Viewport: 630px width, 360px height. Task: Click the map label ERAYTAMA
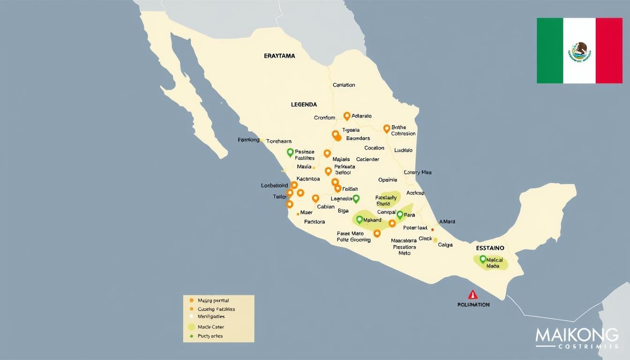click(x=279, y=56)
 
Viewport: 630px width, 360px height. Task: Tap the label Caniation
click(x=344, y=85)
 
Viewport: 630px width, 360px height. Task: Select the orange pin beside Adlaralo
click(x=347, y=116)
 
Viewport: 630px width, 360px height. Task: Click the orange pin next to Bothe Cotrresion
click(x=387, y=128)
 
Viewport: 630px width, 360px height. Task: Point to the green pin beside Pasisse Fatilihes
click(x=290, y=152)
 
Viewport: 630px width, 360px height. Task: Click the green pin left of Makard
click(x=360, y=219)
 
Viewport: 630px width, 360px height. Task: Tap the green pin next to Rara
click(x=400, y=215)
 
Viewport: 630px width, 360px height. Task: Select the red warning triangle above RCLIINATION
click(x=473, y=295)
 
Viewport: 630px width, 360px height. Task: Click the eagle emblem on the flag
click(x=579, y=51)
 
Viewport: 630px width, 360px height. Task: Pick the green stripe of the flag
click(x=550, y=51)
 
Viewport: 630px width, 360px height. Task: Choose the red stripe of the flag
click(x=609, y=51)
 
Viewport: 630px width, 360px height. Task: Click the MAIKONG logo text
click(x=577, y=336)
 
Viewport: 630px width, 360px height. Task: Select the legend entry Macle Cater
click(x=211, y=327)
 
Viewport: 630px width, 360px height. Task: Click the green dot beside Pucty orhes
click(x=191, y=336)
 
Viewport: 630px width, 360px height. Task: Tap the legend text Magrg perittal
click(x=213, y=300)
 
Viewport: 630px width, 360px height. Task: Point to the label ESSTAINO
click(x=490, y=247)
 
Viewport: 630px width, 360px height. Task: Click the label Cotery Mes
click(x=417, y=172)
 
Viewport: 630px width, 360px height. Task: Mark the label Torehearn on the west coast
click(x=279, y=141)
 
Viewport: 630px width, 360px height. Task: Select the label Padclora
click(x=315, y=222)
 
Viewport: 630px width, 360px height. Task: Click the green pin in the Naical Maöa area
click(x=483, y=258)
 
